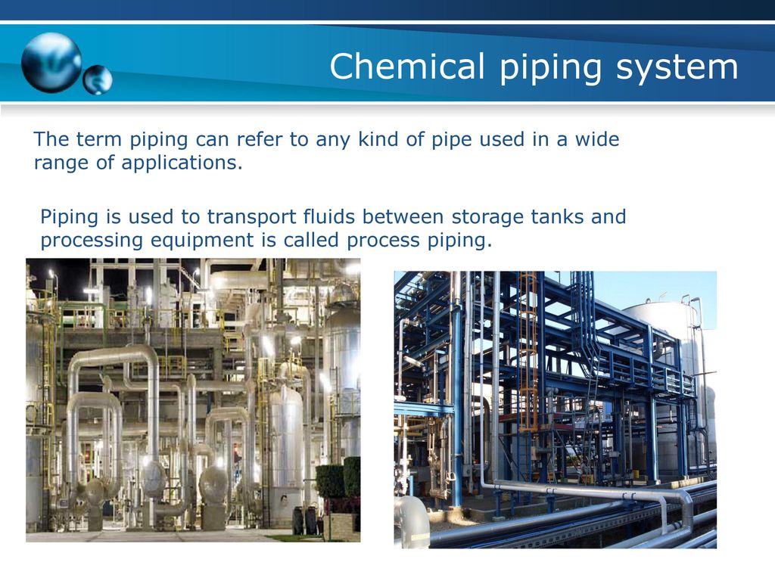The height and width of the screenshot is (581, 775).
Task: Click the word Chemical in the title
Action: pyautogui.click(x=406, y=67)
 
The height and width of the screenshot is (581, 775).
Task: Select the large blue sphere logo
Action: pyautogui.click(x=51, y=63)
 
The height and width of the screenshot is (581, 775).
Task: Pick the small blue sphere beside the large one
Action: pyautogui.click(x=98, y=79)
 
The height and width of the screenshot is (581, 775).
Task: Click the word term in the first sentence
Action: pyautogui.click(x=98, y=140)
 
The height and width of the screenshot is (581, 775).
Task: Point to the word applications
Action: pyautogui.click(x=182, y=163)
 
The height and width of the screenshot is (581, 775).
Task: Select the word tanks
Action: pyautogui.click(x=556, y=216)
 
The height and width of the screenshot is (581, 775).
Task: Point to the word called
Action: pyautogui.click(x=311, y=240)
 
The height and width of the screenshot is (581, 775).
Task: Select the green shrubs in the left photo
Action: pyautogui.click(x=338, y=478)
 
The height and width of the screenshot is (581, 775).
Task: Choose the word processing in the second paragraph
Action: pyautogui.click(x=92, y=241)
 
